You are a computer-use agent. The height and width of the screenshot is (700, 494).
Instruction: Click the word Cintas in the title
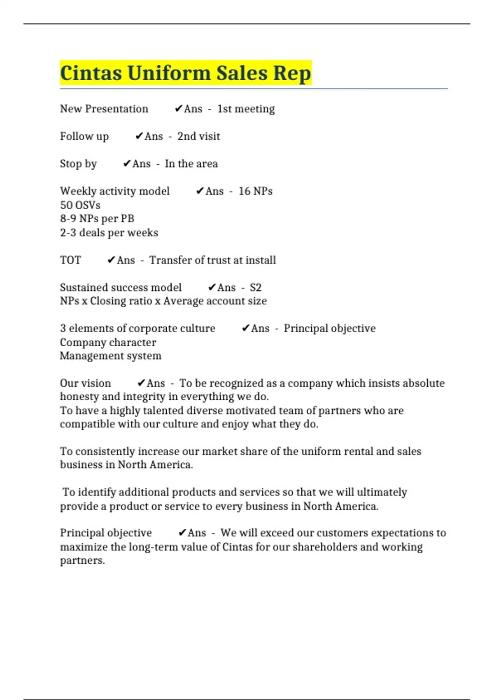91,73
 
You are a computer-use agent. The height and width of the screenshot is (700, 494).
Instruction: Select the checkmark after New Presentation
178,109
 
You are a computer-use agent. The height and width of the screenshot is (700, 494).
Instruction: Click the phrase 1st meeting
246,109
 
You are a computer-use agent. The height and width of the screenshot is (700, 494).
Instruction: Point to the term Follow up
84,136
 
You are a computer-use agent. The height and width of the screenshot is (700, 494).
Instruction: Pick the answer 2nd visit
198,136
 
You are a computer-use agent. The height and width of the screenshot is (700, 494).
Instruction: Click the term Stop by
78,164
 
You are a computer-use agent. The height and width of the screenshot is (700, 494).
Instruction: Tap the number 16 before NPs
244,191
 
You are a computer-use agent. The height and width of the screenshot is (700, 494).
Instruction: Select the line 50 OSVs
80,205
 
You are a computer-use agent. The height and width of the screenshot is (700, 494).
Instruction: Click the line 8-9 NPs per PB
97,219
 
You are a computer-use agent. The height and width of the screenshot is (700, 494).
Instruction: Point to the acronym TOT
70,260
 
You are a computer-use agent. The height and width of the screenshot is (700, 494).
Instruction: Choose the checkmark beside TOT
111,260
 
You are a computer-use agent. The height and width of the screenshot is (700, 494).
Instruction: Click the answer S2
256,287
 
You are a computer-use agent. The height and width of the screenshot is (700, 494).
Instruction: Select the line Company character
108,343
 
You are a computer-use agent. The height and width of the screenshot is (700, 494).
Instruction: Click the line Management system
110,356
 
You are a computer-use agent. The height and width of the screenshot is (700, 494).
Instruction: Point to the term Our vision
85,383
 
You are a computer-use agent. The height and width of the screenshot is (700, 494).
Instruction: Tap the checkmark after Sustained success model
212,287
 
